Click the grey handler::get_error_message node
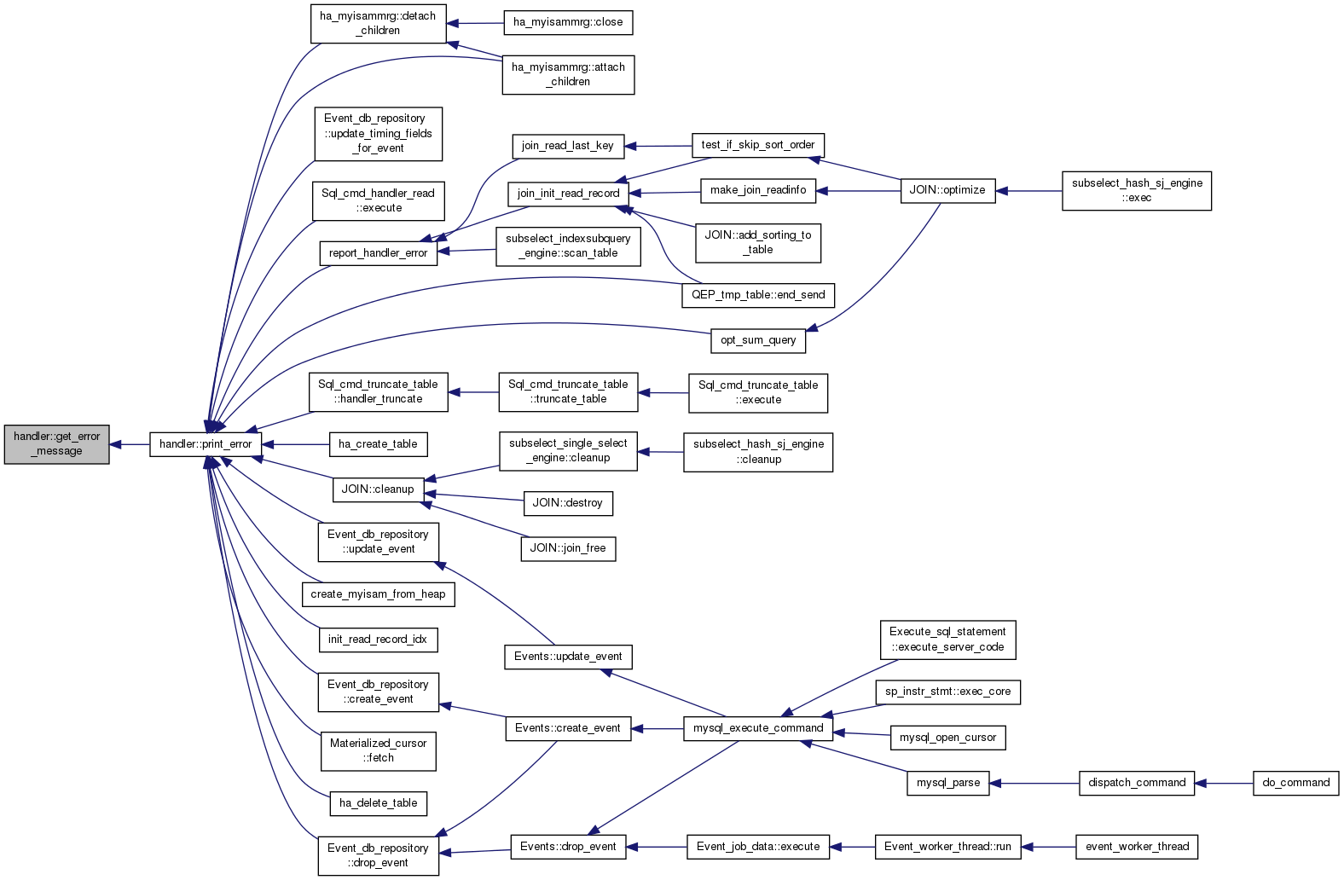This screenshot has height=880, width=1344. pyautogui.click(x=56, y=444)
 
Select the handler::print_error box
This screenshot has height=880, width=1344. pyautogui.click(x=206, y=444)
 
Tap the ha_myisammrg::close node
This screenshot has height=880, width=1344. pyautogui.click(x=568, y=23)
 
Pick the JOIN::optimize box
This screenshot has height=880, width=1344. pyautogui.click(x=947, y=191)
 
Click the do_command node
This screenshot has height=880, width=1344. pyautogui.click(x=1295, y=783)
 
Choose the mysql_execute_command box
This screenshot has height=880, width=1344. pyautogui.click(x=758, y=728)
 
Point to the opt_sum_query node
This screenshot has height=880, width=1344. pyautogui.click(x=758, y=340)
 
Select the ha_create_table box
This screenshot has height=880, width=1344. pyautogui.click(x=378, y=444)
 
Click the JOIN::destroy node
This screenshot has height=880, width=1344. pyautogui.click(x=568, y=503)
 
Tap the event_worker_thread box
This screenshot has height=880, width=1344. pyautogui.click(x=1137, y=847)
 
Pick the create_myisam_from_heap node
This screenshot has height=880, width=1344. pyautogui.click(x=378, y=593)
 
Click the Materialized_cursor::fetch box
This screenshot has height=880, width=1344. pyautogui.click(x=378, y=750)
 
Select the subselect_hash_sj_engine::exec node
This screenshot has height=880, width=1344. pyautogui.click(x=1137, y=191)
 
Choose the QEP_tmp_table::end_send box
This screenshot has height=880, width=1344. pyautogui.click(x=758, y=295)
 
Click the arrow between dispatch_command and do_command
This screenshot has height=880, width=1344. pyautogui.click(x=1224, y=784)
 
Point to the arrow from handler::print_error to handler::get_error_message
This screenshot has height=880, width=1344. pyautogui.click(x=130, y=444)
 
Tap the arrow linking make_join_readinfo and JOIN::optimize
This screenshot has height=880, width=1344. pyautogui.click(x=858, y=191)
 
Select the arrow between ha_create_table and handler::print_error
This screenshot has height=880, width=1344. pyautogui.click(x=295, y=444)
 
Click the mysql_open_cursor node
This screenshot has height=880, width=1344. pyautogui.click(x=947, y=738)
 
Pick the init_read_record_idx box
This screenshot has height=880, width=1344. pyautogui.click(x=378, y=640)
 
